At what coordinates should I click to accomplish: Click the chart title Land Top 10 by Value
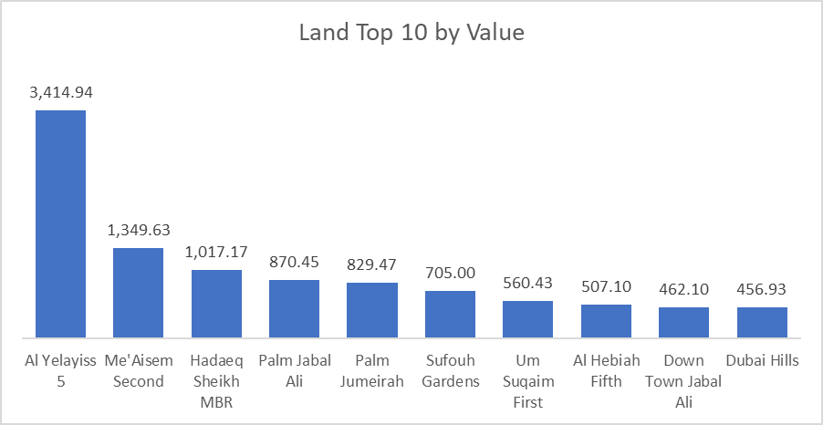point(411,34)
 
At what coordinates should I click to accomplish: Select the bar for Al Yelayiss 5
point(60,224)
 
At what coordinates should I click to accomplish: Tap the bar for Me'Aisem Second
point(138,293)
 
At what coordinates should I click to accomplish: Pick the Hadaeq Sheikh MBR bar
point(216,304)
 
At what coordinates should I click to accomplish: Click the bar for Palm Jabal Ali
point(294,309)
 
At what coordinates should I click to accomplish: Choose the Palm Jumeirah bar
point(372,310)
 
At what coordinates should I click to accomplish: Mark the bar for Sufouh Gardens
point(450,315)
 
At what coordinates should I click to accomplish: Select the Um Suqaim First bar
point(527,319)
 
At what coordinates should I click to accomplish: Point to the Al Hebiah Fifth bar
point(606,321)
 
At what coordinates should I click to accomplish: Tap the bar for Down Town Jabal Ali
point(683,323)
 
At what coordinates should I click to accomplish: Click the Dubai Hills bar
point(762,323)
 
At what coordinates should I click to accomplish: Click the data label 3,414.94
point(61,92)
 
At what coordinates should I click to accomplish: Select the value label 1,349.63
point(139,229)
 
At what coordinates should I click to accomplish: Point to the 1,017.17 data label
point(216,251)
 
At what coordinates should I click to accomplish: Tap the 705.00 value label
point(450,272)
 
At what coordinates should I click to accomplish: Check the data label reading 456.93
point(762,288)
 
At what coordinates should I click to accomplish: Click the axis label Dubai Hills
point(762,360)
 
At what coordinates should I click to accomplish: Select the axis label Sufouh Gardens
point(450,370)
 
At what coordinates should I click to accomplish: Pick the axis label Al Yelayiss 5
point(60,370)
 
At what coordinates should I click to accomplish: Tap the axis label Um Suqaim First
point(527,380)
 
